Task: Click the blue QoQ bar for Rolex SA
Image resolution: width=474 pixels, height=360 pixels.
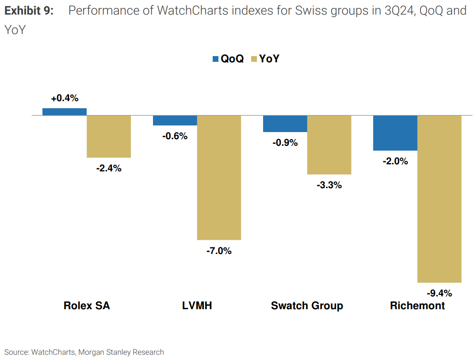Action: pos(65,112)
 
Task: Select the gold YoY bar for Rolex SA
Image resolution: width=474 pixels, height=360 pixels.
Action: pos(109,136)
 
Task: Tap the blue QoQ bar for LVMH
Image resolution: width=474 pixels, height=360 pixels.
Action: pos(175,121)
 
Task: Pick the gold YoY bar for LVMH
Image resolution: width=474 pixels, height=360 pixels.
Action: pos(219,178)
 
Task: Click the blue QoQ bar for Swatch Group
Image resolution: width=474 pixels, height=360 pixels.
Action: pos(285,124)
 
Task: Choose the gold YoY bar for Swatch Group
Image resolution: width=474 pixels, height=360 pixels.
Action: pos(329,145)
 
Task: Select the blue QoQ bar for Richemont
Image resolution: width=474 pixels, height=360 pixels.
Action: pos(395,133)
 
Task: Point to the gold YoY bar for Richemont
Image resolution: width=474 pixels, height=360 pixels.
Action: pos(439,199)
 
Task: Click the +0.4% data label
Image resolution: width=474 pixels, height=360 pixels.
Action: pos(65,99)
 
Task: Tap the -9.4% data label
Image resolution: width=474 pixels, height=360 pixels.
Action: pos(439,293)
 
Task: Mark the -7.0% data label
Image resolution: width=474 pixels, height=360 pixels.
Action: pos(219,251)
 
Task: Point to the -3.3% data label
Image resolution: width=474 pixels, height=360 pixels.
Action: pos(329,185)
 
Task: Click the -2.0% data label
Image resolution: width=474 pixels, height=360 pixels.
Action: pos(395,161)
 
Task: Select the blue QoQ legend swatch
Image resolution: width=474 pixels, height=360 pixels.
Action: pos(216,59)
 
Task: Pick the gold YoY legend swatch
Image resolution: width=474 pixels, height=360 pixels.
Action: pos(254,59)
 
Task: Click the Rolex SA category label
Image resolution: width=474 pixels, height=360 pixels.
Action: pos(87,306)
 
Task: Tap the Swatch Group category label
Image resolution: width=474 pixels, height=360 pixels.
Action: pos(307,306)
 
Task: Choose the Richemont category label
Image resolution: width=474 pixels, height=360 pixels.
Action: pos(417,306)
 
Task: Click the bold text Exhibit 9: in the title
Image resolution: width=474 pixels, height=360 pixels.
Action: pos(29,11)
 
